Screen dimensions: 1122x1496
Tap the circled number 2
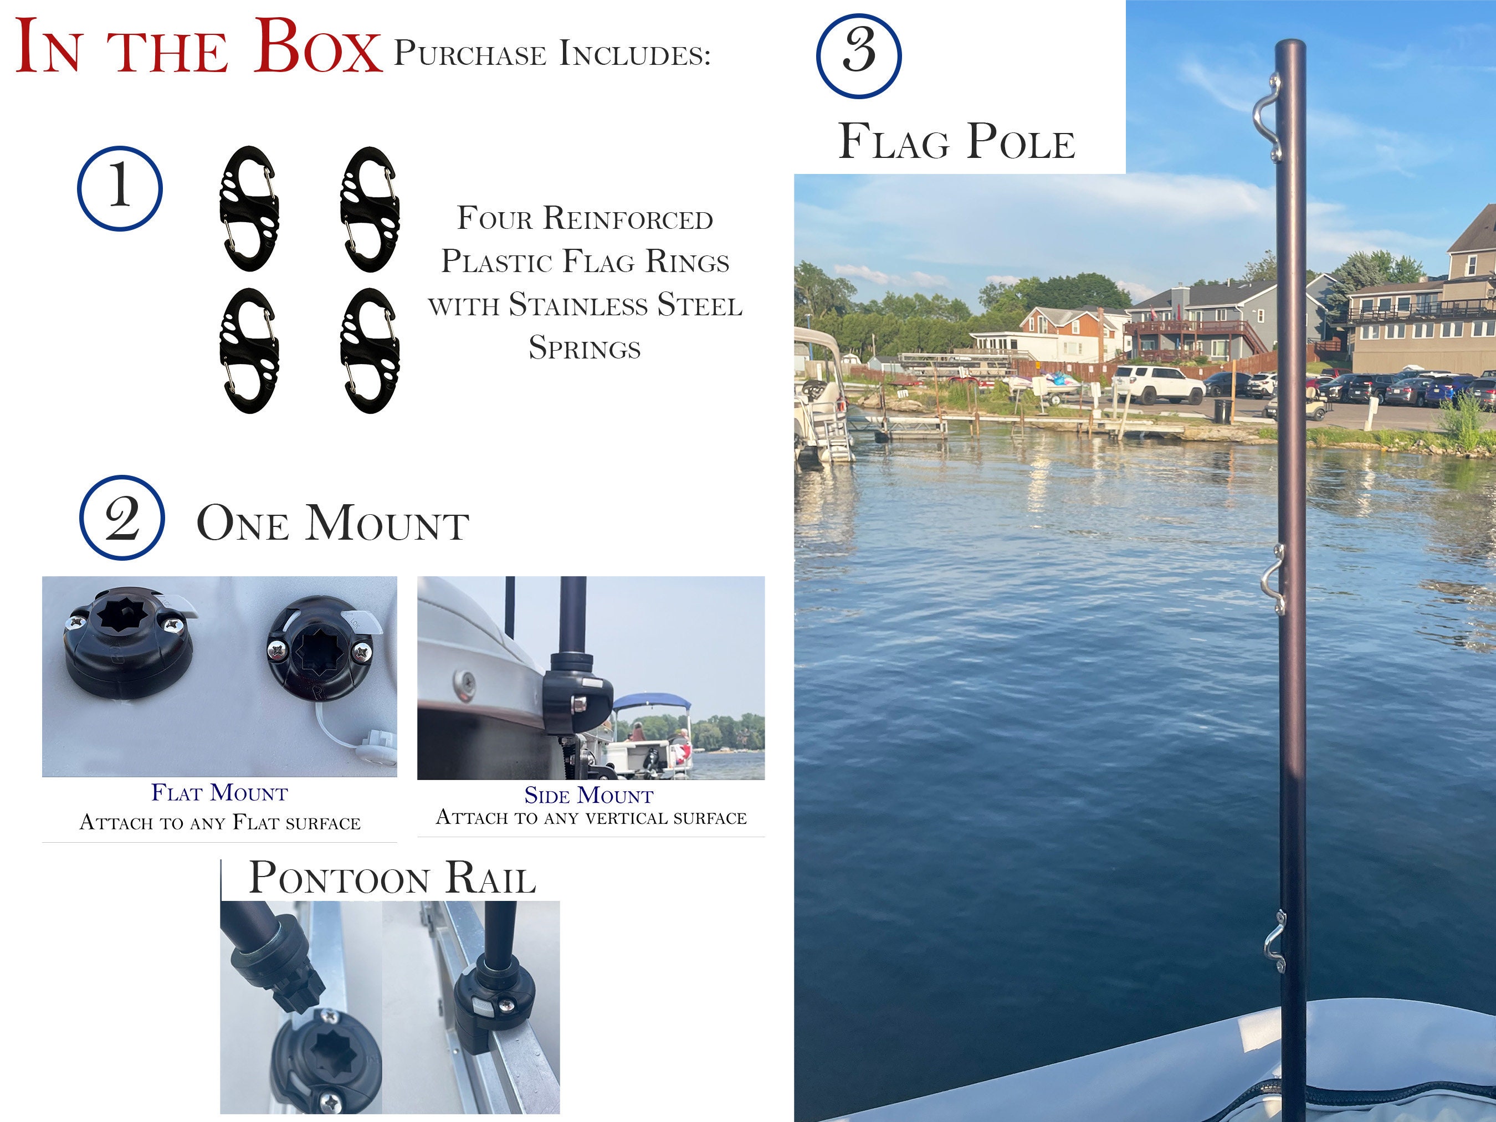(x=122, y=518)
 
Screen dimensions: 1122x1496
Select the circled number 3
(x=858, y=55)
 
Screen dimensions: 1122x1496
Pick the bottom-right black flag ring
(x=370, y=350)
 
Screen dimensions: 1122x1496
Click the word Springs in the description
(x=585, y=349)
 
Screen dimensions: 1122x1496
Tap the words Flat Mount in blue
(x=220, y=793)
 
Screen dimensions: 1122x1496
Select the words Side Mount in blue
(x=588, y=795)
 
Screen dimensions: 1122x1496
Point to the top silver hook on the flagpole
(x=1267, y=119)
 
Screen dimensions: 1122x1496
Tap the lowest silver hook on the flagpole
(x=1274, y=941)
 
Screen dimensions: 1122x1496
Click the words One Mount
(x=333, y=524)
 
